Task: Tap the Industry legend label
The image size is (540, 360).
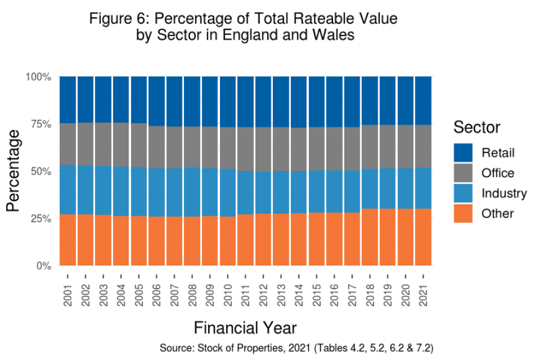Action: [504, 193]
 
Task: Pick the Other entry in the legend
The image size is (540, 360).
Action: [497, 214]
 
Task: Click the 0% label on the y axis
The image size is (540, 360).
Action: [43, 265]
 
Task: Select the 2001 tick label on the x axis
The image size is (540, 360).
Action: [68, 295]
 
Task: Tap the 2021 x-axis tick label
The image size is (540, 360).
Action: [423, 295]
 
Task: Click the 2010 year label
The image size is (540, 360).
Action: [228, 295]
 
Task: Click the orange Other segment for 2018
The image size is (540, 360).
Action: [370, 237]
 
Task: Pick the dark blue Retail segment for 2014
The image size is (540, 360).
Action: [299, 102]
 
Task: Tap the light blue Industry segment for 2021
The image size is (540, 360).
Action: [423, 188]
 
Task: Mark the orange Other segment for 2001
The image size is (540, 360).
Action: [68, 240]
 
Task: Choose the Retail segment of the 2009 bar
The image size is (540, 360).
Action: [210, 101]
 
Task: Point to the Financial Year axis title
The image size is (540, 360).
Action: [245, 328]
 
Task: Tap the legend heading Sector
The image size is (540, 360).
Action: [477, 127]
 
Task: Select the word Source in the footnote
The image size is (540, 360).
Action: [177, 348]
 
